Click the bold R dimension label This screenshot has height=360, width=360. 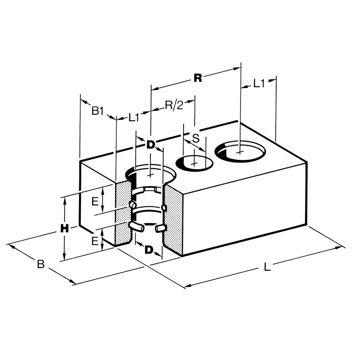coord(197,78)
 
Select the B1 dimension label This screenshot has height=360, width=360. coord(97,111)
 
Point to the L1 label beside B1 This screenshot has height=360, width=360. coord(134,117)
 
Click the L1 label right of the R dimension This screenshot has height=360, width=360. coord(258,84)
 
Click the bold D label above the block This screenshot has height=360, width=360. coord(150,145)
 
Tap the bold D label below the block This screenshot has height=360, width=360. coord(149,249)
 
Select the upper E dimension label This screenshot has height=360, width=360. coord(95,202)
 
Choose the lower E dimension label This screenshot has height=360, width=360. coord(95,240)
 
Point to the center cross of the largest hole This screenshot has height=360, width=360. coord(240,151)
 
